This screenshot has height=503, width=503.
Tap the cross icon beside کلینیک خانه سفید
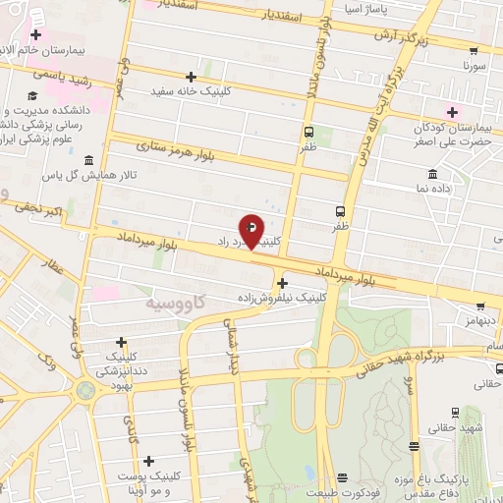tap(191, 76)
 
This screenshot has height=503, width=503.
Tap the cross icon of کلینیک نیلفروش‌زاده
tap(283, 284)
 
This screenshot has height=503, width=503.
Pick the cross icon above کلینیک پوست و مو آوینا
tap(148, 461)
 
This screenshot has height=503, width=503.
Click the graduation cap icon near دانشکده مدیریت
tap(32, 95)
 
